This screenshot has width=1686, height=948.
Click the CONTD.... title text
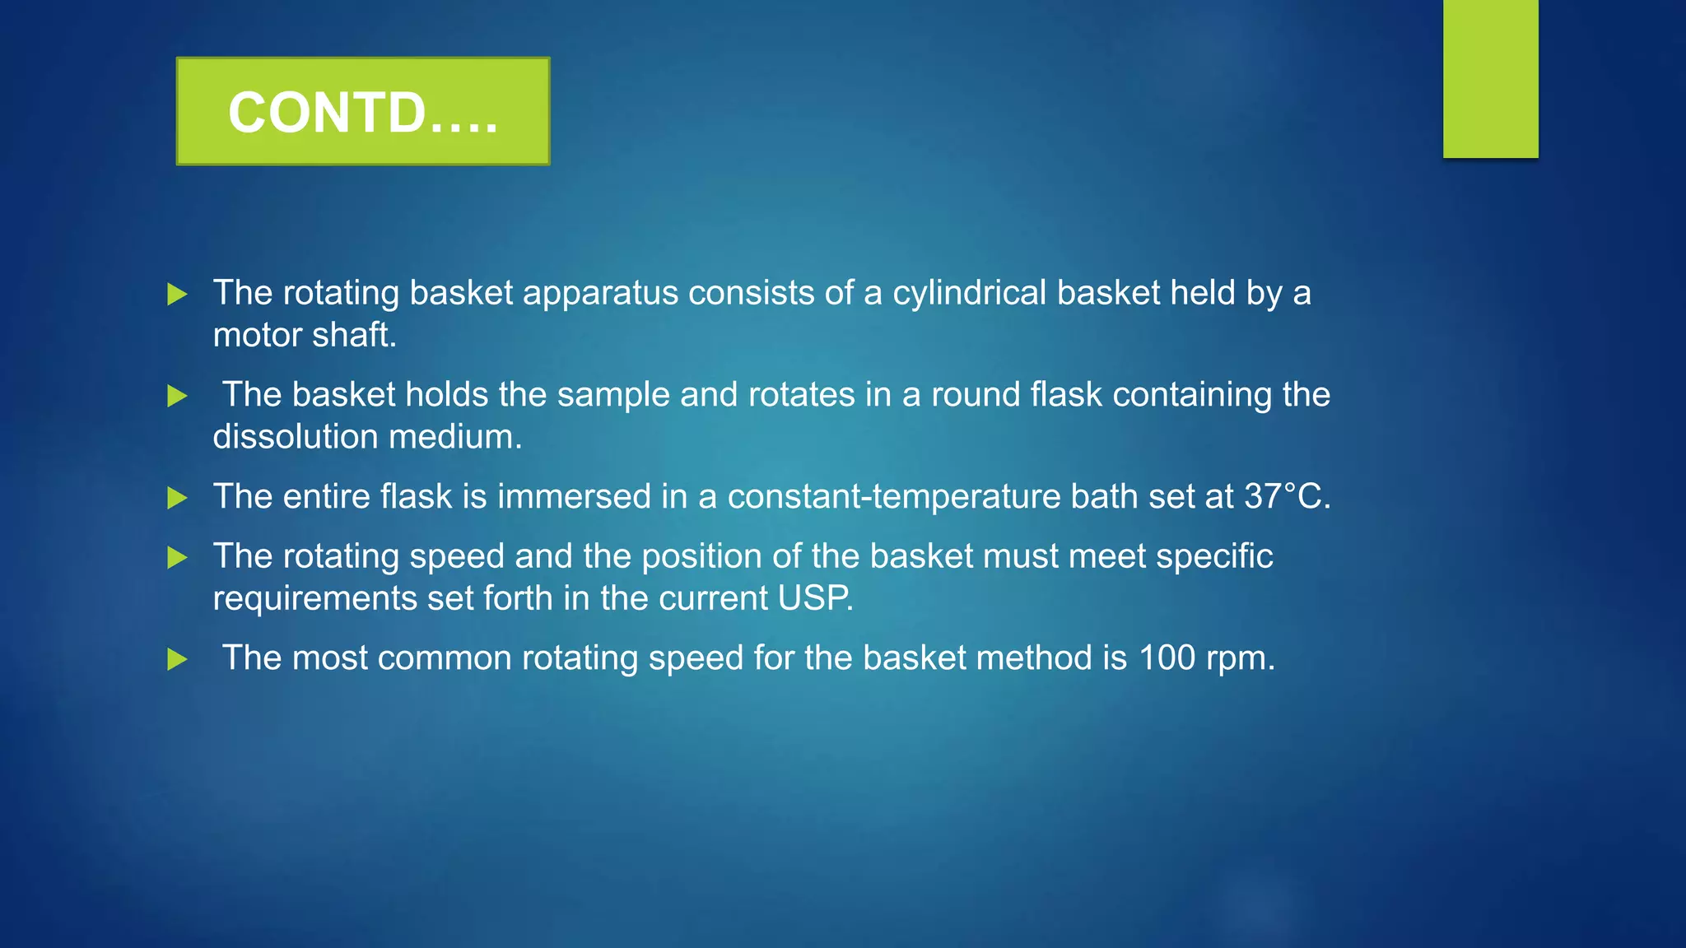[x=363, y=112]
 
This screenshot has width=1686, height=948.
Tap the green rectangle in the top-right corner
[x=1490, y=78]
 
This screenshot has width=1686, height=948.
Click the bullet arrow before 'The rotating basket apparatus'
[x=177, y=294]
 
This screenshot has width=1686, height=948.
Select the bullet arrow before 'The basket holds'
[x=177, y=396]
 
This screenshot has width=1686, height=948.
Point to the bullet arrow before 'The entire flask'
[x=177, y=498]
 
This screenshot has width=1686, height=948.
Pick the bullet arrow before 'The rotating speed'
[x=177, y=558]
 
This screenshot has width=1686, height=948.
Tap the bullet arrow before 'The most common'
[x=177, y=659]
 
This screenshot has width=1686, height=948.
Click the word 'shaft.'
[x=359, y=335]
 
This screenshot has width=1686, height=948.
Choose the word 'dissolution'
[x=296, y=437]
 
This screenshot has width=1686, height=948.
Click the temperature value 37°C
[x=1287, y=496]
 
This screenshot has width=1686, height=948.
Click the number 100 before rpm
[x=1167, y=658]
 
